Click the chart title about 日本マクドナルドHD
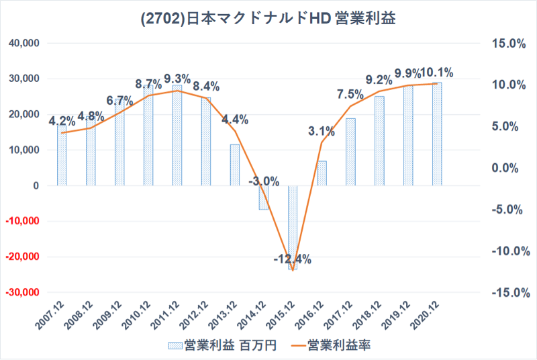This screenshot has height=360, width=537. click(x=268, y=18)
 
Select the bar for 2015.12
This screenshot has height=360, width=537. click(x=293, y=228)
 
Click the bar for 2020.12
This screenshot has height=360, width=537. click(x=437, y=134)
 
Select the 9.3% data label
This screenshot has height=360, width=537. click(x=177, y=78)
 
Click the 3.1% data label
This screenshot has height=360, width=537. click(x=322, y=130)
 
